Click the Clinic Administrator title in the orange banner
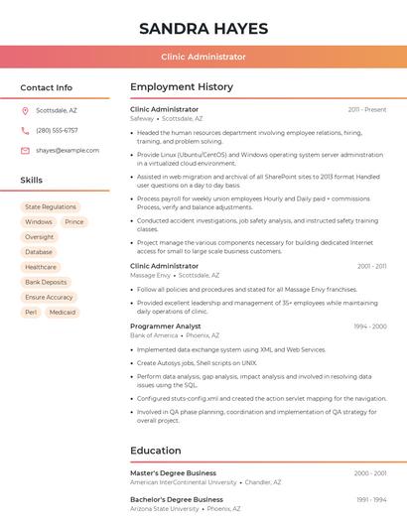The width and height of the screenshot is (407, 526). (203, 57)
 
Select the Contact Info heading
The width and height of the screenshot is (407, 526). (46, 87)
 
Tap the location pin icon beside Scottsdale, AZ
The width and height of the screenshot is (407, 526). (25, 110)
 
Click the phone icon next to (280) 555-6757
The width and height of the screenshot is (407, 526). (25, 130)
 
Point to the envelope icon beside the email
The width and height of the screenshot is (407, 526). (25, 150)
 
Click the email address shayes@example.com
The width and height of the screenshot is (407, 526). (68, 150)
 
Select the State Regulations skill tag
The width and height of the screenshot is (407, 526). (51, 206)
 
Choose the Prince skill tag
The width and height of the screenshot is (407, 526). (74, 222)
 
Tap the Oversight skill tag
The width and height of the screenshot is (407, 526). (40, 237)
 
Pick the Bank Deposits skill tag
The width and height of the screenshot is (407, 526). (46, 282)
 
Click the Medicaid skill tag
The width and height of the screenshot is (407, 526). (63, 312)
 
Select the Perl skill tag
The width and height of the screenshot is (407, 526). (31, 312)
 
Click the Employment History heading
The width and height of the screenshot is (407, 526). (182, 87)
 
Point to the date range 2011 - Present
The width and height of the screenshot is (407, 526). (367, 109)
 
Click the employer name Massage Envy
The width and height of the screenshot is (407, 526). (150, 275)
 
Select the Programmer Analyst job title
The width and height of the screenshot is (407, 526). (166, 326)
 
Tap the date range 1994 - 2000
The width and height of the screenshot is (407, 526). (370, 326)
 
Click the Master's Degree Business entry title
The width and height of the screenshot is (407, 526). (173, 473)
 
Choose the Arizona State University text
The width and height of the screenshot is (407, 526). (165, 508)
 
